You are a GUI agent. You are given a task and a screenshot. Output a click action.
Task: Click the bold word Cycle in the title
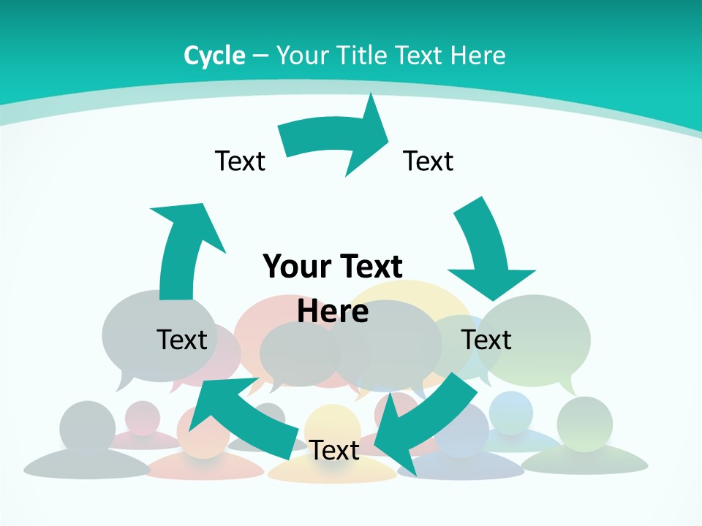point(214,56)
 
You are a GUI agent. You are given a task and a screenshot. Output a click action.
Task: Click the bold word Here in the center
point(333,310)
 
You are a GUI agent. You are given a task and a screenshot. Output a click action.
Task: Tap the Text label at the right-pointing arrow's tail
point(240,161)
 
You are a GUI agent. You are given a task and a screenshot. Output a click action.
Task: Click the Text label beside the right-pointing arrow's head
point(429,161)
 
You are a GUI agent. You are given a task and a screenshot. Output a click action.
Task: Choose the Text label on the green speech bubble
point(486,340)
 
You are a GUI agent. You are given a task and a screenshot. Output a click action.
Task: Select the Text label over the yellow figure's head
point(333,450)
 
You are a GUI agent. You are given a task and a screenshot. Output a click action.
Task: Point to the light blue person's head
point(511,411)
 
